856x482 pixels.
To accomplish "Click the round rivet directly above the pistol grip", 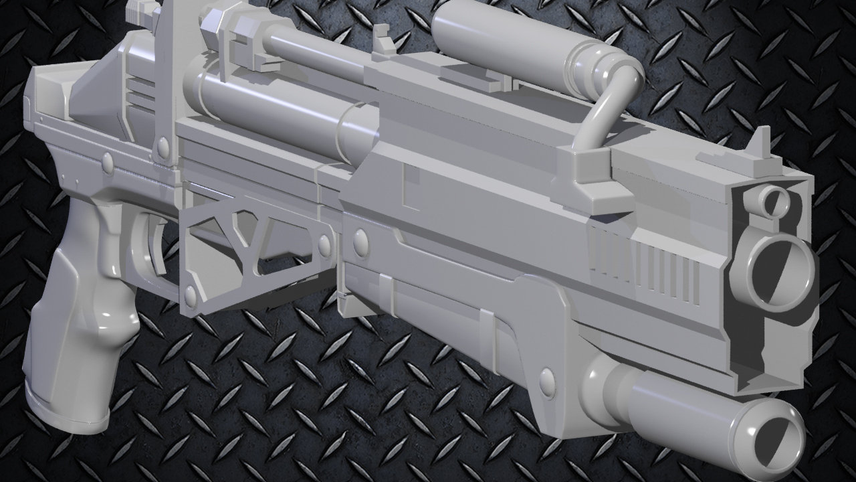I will pyautogui.click(x=107, y=161).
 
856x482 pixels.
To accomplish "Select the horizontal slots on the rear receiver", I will pyautogui.click(x=140, y=94).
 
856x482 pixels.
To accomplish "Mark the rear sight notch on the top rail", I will pyautogui.click(x=383, y=40).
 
